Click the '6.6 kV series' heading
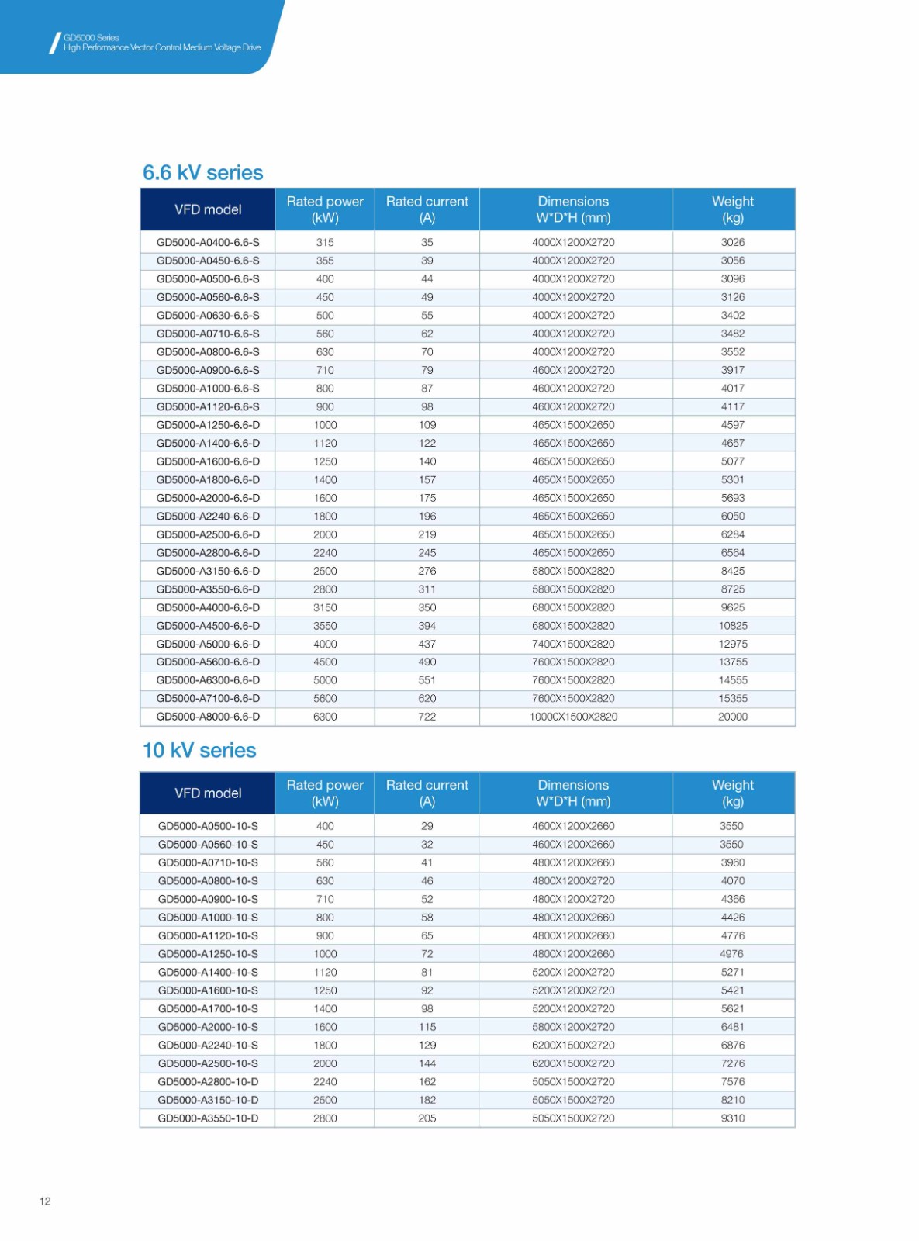pos(202,172)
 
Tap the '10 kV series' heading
pos(199,750)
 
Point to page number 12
pos(45,1201)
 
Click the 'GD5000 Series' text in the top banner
pos(92,37)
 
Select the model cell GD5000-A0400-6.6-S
pos(208,242)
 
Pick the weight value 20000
pos(733,717)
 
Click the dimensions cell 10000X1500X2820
pos(573,717)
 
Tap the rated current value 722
pos(427,717)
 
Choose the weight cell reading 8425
pos(733,571)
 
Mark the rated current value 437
pos(427,644)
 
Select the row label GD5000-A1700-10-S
pos(208,1008)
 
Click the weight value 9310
pos(733,1118)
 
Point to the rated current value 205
pos(427,1118)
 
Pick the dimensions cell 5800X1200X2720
pos(573,1027)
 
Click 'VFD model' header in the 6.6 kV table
pos(208,209)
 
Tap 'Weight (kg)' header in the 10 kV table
pos(733,793)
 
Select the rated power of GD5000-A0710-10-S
pos(325,862)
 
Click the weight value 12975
pos(733,644)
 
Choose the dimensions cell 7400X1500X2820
pos(573,644)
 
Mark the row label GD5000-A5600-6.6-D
pos(208,662)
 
